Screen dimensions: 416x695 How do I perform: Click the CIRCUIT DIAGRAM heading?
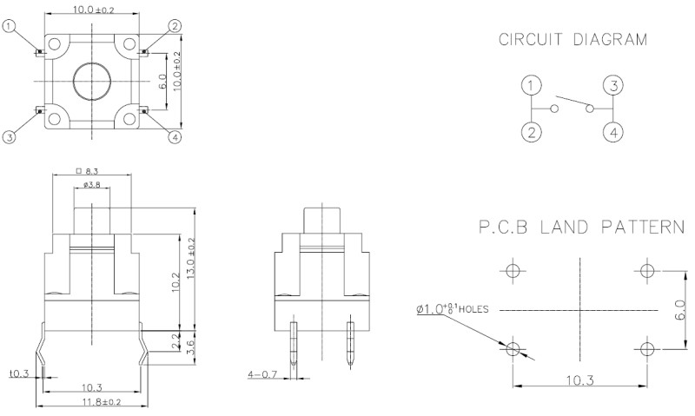(573, 39)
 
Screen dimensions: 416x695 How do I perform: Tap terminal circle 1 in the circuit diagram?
(533, 86)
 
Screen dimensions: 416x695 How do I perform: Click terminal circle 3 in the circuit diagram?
(613, 86)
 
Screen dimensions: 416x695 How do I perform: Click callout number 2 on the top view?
(175, 27)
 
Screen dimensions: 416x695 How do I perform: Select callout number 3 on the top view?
(10, 137)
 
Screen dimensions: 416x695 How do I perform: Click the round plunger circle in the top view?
(90, 81)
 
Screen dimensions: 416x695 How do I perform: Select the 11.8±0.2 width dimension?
(89, 402)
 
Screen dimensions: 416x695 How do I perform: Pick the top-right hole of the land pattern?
(645, 270)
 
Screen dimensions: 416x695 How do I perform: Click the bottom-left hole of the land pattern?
(513, 349)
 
